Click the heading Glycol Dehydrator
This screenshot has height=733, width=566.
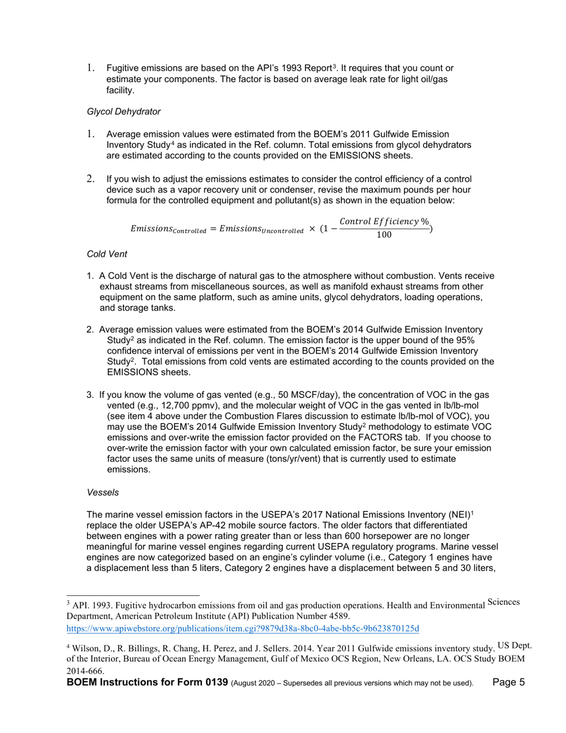[x=123, y=111]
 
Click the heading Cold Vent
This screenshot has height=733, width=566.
[x=107, y=254]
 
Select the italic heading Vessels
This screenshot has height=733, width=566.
[x=102, y=492]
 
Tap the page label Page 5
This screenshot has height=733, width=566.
[x=509, y=683]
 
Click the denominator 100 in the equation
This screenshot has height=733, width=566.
[x=384, y=234]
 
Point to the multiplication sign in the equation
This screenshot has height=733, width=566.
[x=312, y=229]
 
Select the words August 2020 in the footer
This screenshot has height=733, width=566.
[x=255, y=684]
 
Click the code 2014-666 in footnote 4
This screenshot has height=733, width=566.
[x=85, y=671]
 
